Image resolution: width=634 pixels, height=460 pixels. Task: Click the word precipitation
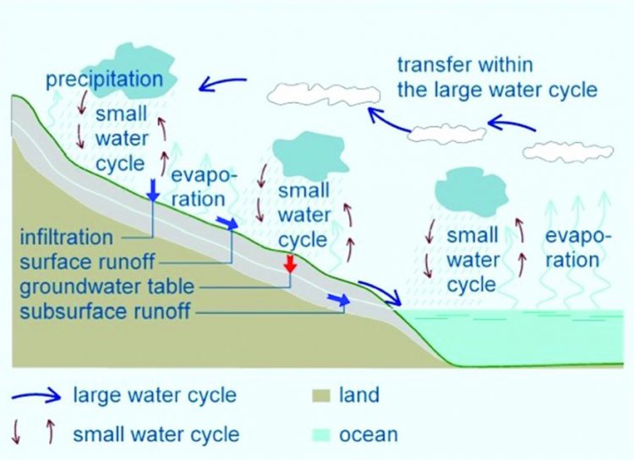click(105, 80)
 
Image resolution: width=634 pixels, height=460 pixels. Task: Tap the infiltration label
click(66, 237)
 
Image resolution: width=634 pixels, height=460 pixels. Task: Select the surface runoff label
click(87, 262)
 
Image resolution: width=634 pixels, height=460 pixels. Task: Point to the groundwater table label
click(107, 287)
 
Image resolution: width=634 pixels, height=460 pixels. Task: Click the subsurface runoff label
click(105, 311)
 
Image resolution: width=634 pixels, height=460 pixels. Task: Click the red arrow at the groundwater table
click(290, 263)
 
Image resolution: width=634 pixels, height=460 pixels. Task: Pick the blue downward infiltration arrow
click(153, 190)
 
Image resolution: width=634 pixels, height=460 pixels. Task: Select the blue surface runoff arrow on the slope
click(227, 222)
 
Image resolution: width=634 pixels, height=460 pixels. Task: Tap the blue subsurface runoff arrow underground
click(339, 299)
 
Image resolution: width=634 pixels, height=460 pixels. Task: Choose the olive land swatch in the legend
click(321, 395)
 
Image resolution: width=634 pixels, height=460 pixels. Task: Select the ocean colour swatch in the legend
click(321, 435)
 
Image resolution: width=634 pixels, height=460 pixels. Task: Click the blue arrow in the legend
click(36, 395)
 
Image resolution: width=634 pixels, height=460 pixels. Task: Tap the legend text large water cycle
click(155, 395)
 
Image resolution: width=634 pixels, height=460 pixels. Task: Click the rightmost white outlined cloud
click(568, 151)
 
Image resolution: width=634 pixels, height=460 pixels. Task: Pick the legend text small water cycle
click(156, 435)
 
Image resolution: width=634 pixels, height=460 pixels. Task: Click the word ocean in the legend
click(369, 435)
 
